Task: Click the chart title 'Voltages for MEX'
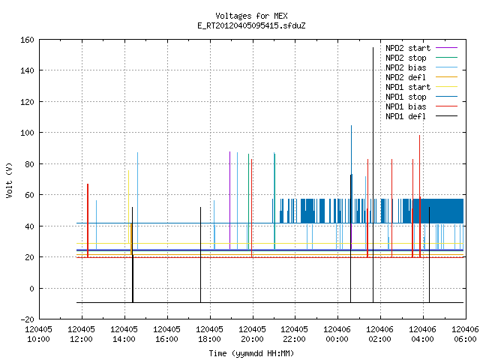251,16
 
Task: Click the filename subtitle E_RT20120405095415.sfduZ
251,25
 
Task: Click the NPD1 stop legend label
406,97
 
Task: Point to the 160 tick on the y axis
27,40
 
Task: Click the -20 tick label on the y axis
27,319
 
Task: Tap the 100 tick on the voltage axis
27,133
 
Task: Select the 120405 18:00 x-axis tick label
210,334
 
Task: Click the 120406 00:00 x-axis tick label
337,334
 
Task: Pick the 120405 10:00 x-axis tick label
38,334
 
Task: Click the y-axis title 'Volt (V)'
9,180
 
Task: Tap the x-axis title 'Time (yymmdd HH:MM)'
251,353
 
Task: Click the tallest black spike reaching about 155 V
373,175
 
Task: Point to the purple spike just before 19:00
230,200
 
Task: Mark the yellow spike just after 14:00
128,207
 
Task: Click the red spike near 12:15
88,220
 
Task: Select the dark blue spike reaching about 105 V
352,174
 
